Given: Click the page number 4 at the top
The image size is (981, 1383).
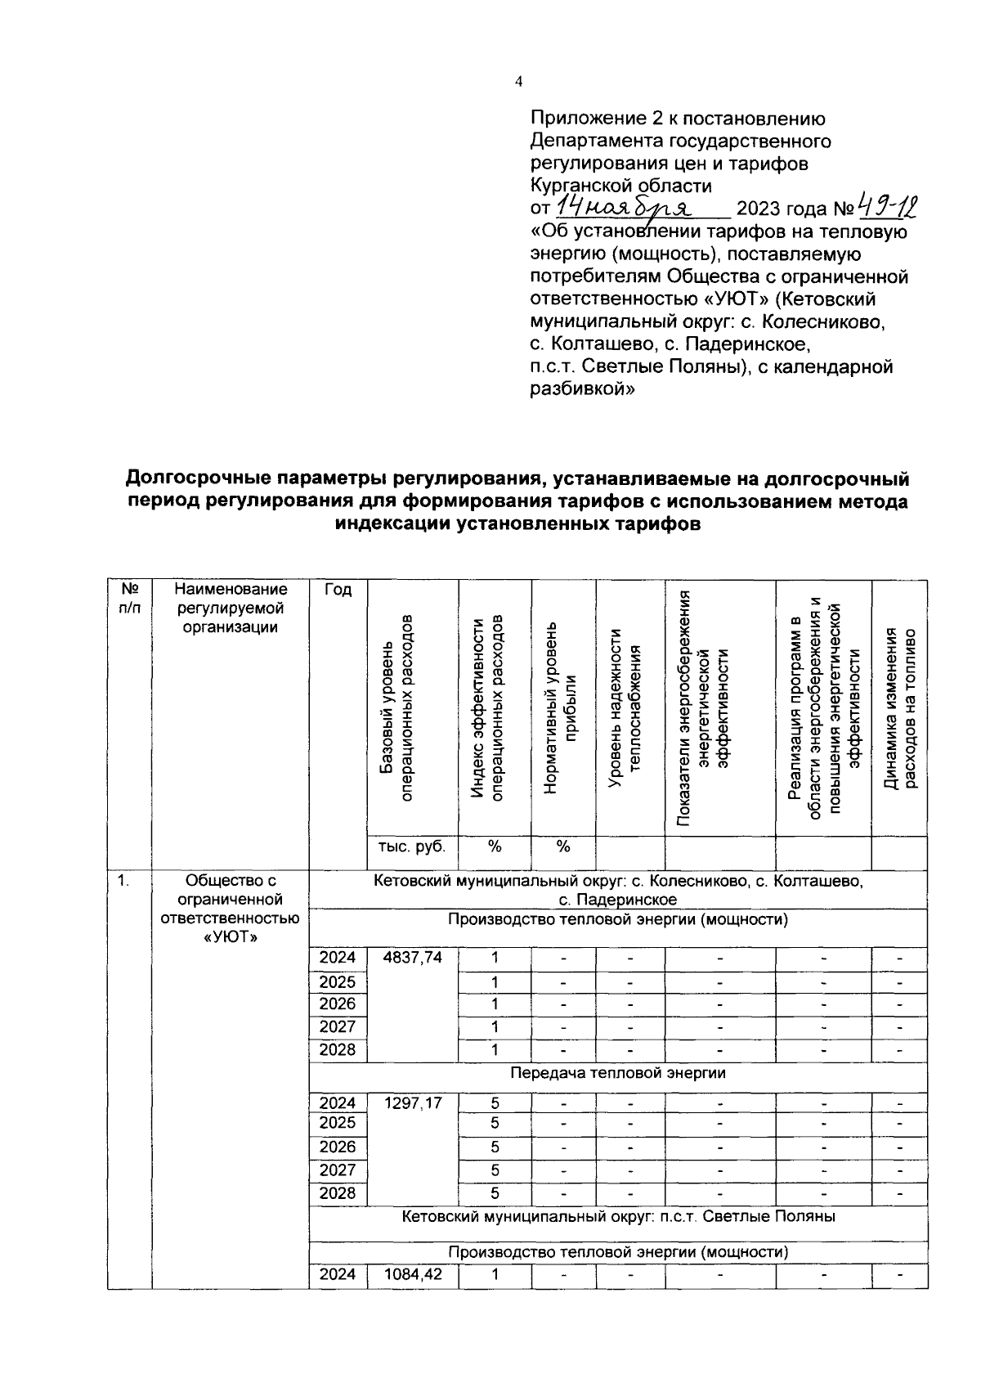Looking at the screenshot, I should pos(518,81).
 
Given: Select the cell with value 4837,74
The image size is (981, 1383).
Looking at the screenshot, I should pos(414,958).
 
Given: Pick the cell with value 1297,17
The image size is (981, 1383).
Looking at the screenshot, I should pos(414,1102).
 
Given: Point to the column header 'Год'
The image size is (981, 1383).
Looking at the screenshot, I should pos(338,590).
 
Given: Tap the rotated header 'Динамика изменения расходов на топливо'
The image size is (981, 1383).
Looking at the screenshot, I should pos(900,707).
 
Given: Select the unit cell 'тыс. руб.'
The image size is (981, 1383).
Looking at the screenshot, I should pos(412,846).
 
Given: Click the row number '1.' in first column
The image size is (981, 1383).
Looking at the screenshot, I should pos(123,881).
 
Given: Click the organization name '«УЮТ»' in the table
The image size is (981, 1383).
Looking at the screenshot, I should pos(230,937).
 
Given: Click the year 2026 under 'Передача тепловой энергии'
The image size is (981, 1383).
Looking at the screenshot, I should pos(338,1147).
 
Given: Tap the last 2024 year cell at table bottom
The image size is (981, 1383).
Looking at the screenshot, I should pos(338,1274).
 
